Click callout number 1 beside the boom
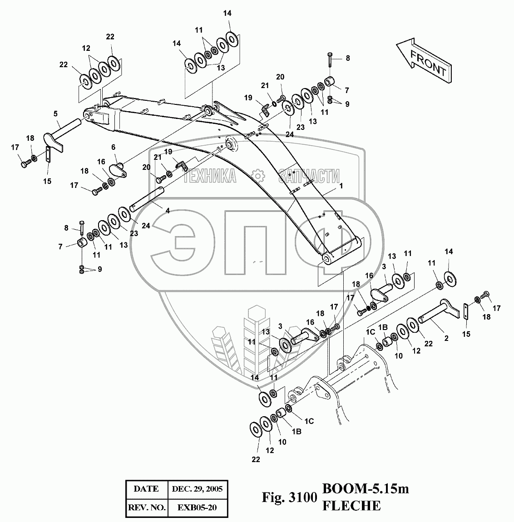point(340,186)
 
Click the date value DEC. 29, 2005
point(197,488)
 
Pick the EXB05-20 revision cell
point(197,507)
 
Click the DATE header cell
point(146,488)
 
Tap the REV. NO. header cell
point(146,507)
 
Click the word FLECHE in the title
point(351,506)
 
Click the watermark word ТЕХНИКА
point(210,176)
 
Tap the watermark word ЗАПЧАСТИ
point(310,176)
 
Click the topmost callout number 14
point(227,14)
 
